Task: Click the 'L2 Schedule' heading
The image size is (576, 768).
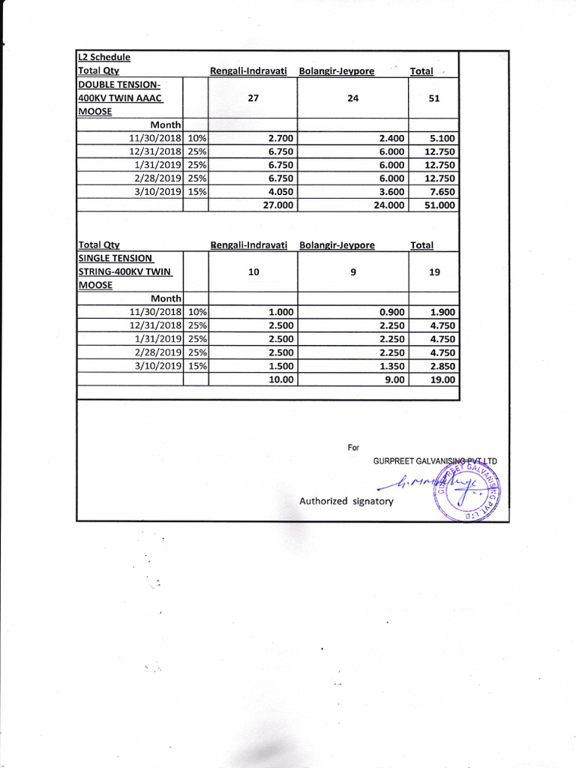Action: click(104, 57)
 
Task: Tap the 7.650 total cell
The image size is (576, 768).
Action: click(439, 191)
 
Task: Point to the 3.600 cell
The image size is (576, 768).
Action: click(391, 191)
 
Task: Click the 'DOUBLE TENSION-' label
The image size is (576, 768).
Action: click(119, 84)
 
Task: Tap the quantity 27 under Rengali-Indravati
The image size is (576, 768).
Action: click(253, 97)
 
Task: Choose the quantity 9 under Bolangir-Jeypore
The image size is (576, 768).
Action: click(353, 272)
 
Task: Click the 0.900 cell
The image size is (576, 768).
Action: click(391, 312)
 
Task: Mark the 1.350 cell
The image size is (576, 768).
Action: click(391, 366)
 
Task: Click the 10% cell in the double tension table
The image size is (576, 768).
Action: click(196, 139)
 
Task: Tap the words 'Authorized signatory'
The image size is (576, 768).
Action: click(346, 500)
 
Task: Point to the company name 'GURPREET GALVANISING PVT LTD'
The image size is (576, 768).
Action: click(435, 460)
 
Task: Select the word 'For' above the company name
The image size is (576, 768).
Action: click(354, 448)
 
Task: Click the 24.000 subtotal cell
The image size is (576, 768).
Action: click(389, 205)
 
